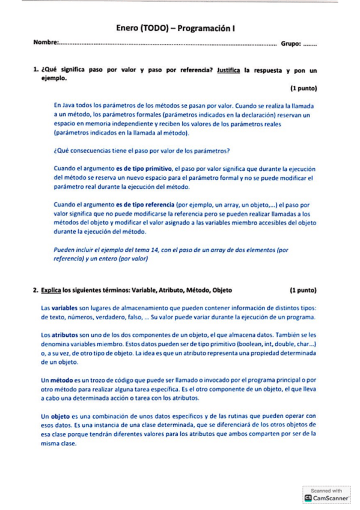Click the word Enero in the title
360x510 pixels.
pyautogui.click(x=128, y=28)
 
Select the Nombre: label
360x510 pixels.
pyautogui.click(x=46, y=43)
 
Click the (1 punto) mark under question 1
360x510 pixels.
pyautogui.click(x=303, y=88)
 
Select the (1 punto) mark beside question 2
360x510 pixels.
pyautogui.click(x=303, y=290)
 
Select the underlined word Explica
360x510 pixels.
pyautogui.click(x=51, y=290)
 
